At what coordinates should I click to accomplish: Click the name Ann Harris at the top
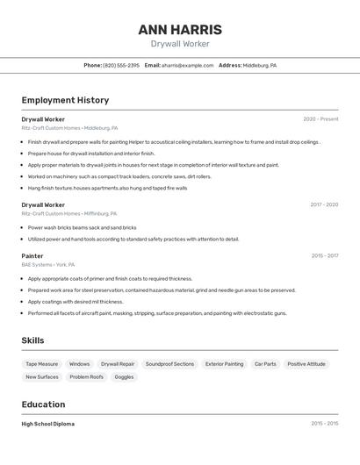[180, 30]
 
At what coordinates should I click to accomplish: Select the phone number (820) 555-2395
[121, 65]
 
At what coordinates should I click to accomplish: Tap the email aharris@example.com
[187, 65]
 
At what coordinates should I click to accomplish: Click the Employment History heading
[65, 101]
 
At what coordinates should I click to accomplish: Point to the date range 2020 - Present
[320, 119]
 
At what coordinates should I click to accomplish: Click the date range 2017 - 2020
[324, 205]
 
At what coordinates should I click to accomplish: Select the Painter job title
[32, 256]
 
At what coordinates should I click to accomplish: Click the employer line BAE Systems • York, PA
[48, 265]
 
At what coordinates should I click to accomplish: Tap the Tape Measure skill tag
[42, 364]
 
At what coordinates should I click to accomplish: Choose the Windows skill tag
[79, 364]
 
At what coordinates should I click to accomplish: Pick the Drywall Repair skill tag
[118, 364]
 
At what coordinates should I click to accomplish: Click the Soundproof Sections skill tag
[169, 364]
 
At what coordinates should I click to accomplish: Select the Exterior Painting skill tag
[224, 364]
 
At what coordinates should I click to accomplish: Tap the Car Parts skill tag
[265, 364]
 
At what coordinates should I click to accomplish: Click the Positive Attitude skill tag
[306, 364]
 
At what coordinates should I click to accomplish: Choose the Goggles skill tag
[125, 377]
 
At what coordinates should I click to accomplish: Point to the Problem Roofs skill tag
[87, 377]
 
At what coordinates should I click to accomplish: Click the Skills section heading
[33, 340]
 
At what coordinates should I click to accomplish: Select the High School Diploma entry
[48, 424]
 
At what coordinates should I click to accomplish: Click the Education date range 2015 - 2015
[324, 424]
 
